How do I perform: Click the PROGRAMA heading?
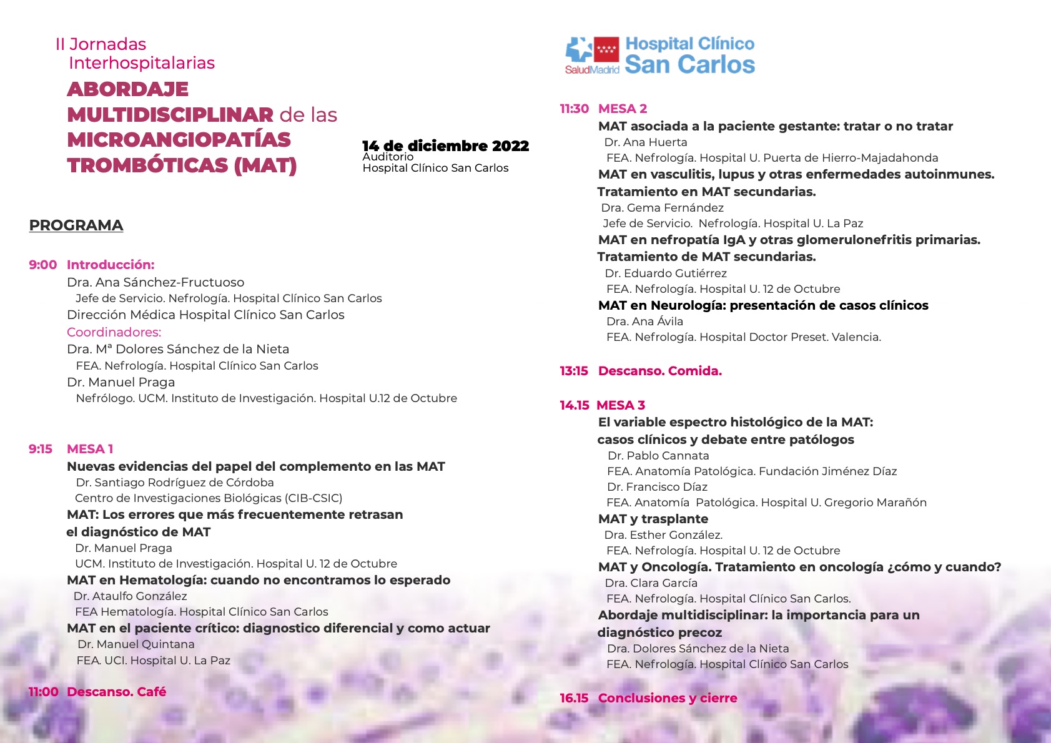click(x=76, y=225)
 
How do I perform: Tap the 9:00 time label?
click(x=42, y=265)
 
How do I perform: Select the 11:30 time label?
click(x=574, y=109)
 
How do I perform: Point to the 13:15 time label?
click(x=574, y=371)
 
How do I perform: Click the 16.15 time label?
click(x=574, y=698)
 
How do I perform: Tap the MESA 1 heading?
click(x=90, y=449)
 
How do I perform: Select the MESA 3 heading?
click(x=621, y=405)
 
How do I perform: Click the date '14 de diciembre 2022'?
click(x=445, y=146)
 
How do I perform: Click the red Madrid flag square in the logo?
click(x=606, y=49)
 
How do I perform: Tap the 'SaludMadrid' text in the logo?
click(x=592, y=70)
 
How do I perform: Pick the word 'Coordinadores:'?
click(x=114, y=332)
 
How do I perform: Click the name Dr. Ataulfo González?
click(x=131, y=596)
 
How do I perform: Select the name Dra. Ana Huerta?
click(x=646, y=142)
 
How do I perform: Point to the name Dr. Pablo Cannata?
click(x=658, y=456)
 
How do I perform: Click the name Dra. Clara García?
click(x=651, y=583)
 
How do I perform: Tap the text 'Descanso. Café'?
click(x=116, y=692)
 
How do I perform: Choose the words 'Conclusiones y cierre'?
click(x=668, y=698)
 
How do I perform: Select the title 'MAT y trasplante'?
click(x=653, y=519)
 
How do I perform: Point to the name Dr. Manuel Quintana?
click(x=136, y=644)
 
